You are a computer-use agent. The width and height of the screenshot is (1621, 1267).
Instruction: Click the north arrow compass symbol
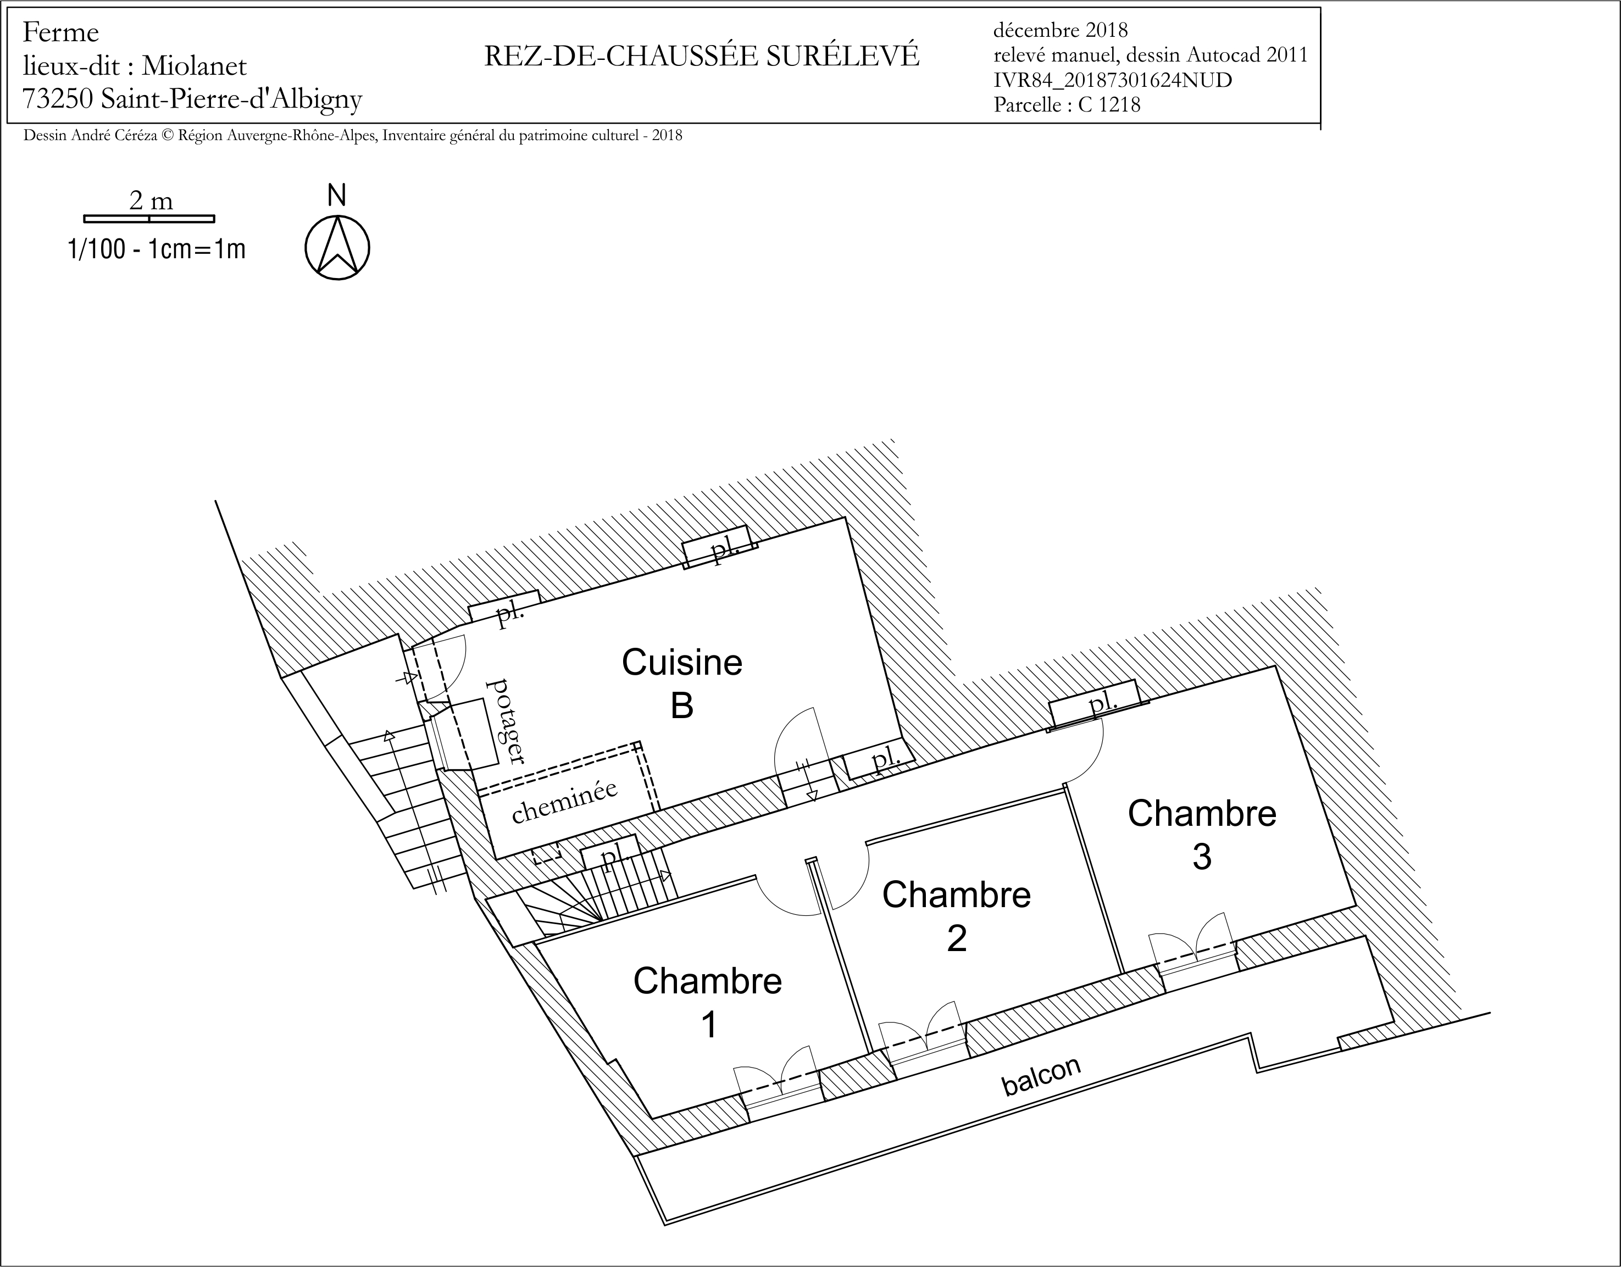click(x=337, y=248)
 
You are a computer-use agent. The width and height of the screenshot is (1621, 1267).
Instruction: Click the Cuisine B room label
click(x=682, y=683)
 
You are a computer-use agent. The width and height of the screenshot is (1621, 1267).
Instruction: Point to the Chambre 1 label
click(x=707, y=1003)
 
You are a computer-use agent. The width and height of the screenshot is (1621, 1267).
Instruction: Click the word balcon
click(x=1041, y=1075)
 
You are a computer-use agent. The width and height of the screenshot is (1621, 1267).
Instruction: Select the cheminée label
click(x=565, y=801)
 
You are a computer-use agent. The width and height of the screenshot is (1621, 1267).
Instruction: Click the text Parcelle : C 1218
click(x=1067, y=104)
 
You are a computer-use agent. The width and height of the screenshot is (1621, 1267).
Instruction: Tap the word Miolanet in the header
click(x=195, y=65)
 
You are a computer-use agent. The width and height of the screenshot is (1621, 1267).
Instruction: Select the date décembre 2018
click(x=1061, y=30)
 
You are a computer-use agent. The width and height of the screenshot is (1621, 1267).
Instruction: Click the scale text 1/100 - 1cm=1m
click(x=157, y=249)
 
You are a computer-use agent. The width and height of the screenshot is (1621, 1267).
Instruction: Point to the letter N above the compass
click(x=337, y=195)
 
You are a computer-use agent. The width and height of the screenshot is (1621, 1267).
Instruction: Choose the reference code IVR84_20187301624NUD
click(x=1113, y=80)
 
